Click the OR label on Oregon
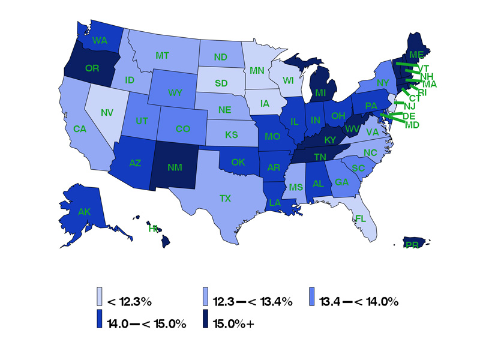tap(92, 68)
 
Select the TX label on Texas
tap(225, 197)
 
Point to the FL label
tap(360, 218)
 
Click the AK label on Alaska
tap(85, 211)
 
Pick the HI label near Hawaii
tap(153, 228)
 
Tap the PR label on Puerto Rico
tap(412, 245)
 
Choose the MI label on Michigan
tap(320, 93)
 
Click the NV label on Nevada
tap(107, 112)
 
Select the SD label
tap(221, 83)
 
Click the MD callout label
tap(412, 125)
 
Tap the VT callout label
tap(424, 68)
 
